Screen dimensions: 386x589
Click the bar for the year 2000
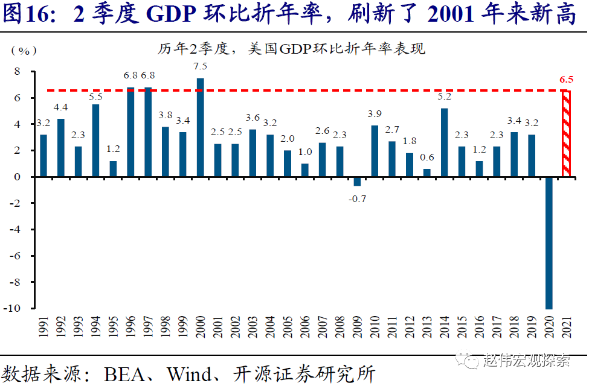click(x=200, y=127)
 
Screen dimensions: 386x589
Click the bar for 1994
click(x=95, y=141)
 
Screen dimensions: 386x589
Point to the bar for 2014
click(x=444, y=142)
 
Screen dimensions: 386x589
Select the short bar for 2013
click(x=426, y=172)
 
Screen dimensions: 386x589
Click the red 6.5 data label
click(x=566, y=79)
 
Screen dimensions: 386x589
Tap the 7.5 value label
click(x=200, y=66)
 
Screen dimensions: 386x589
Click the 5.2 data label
click(x=444, y=96)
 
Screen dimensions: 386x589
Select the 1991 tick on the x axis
click(x=43, y=331)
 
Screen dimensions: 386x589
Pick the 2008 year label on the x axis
click(x=340, y=331)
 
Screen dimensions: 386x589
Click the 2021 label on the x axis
click(x=566, y=331)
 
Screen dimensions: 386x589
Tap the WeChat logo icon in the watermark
click(x=467, y=361)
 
